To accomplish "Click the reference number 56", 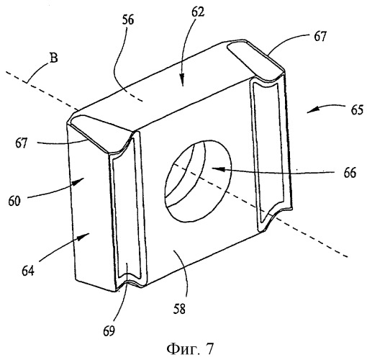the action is point(128,20).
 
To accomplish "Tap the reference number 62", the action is point(198,12).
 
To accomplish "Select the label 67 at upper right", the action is point(320,37).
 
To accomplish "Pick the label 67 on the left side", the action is point(22,143).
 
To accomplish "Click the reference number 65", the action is point(357,110).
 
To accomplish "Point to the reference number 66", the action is point(350,173).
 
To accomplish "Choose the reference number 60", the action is point(14,201).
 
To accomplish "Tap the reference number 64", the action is point(28,271).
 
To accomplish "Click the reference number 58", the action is point(179,309).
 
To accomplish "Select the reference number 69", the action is point(109,331).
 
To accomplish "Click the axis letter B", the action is point(53,58).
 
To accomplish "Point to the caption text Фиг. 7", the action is point(190,349).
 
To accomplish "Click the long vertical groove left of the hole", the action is point(128,210).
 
